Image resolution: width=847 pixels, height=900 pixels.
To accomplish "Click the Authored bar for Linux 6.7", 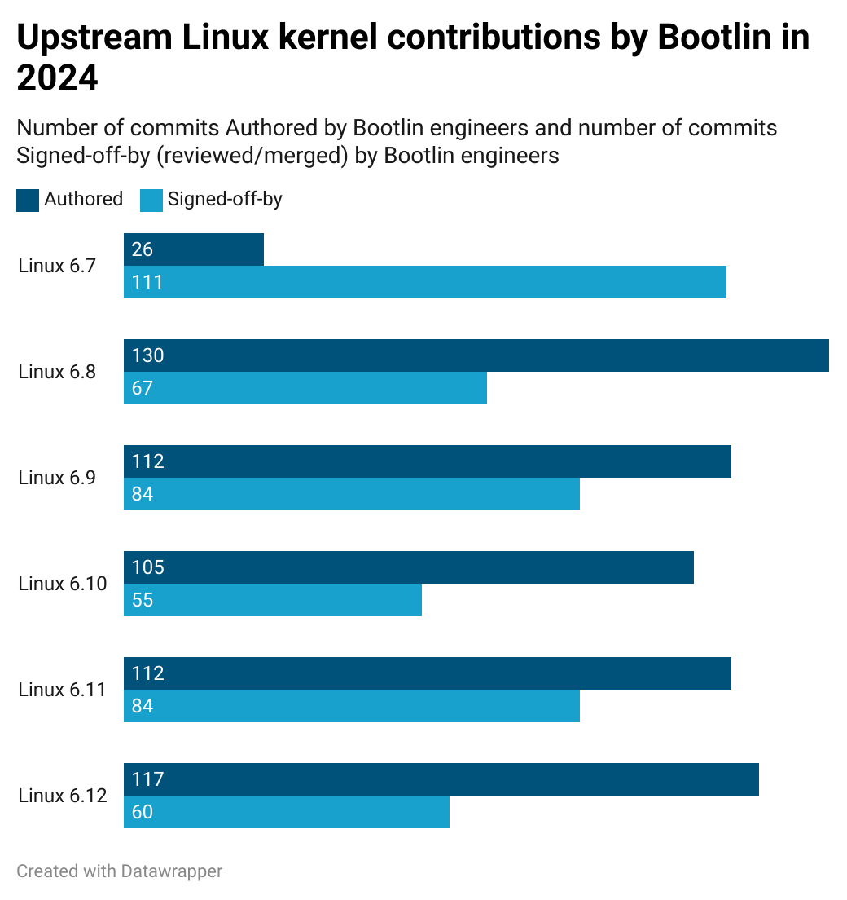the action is (194, 249).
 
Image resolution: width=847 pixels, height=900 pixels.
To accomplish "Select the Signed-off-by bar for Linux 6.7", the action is (425, 282).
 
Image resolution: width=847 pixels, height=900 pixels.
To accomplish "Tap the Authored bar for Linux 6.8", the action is (476, 355).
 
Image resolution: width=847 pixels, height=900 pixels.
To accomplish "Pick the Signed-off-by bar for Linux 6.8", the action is (305, 388).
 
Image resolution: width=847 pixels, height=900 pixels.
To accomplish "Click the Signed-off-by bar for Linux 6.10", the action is (273, 600).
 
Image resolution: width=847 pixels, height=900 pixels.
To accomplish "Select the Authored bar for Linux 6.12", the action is (441, 779).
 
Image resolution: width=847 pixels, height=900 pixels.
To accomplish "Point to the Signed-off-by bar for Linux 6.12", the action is (287, 812).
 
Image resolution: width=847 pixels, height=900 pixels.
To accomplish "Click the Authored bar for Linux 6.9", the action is (428, 461).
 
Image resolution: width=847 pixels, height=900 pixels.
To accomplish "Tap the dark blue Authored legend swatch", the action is (28, 201).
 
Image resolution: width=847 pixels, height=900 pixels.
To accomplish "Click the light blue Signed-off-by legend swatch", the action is (151, 201).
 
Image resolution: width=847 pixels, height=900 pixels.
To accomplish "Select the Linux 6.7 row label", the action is (57, 266).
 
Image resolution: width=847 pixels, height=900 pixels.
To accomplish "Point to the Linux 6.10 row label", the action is (63, 584).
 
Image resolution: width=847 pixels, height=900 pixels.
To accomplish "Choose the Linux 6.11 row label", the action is (63, 690).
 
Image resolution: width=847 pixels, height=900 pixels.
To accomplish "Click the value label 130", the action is (148, 355).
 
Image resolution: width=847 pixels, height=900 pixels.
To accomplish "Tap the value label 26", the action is (143, 249).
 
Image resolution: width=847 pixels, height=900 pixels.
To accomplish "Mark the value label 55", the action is (143, 600).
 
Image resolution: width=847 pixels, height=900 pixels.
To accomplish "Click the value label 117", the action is (148, 779).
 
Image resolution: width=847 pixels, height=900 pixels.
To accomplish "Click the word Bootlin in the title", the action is (714, 37).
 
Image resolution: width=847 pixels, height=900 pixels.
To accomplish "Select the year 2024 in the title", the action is (57, 77).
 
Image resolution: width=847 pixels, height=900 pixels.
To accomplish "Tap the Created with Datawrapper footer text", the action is (119, 871).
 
